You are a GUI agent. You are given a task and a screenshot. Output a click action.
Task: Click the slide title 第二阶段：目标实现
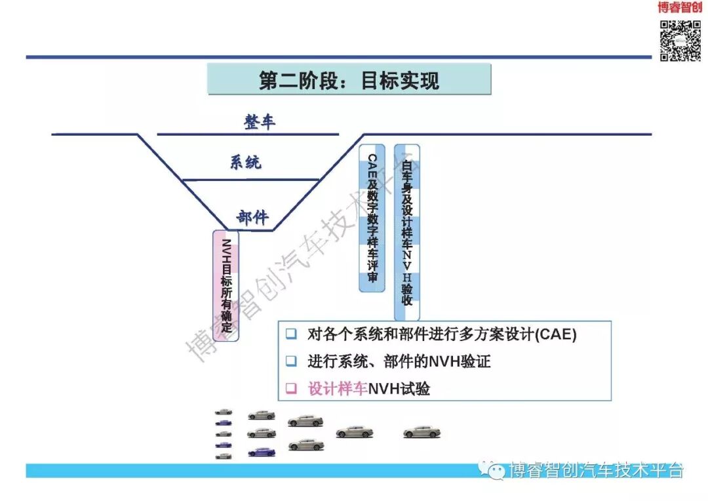tap(349, 80)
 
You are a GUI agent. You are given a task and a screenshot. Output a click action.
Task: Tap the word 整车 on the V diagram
tap(260, 122)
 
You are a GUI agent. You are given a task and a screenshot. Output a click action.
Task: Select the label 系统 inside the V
tap(245, 162)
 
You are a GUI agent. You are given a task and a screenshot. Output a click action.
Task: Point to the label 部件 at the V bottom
tap(252, 218)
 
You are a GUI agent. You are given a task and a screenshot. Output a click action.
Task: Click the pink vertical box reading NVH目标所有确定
tap(226, 285)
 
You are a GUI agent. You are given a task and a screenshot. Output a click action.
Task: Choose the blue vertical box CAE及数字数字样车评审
tap(372, 218)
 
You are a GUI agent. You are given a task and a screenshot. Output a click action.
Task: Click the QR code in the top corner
tap(680, 41)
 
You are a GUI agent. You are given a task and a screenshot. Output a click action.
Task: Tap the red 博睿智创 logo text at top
tap(680, 8)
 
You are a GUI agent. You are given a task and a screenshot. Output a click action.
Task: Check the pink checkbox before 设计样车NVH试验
tap(291, 388)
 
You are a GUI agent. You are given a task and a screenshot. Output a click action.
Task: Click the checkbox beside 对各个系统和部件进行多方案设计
tap(291, 334)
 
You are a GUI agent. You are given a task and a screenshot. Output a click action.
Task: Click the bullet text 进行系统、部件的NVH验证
tap(399, 361)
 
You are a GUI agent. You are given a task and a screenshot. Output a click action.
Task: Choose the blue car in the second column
tap(262, 452)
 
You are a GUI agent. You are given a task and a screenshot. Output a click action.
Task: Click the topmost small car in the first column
tap(224, 412)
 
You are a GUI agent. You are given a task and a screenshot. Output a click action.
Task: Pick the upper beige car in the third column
tap(305, 420)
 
